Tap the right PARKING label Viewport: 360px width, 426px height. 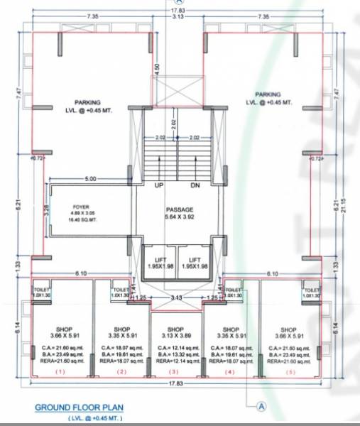(x=268, y=97)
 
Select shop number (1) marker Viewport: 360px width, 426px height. (x=60, y=372)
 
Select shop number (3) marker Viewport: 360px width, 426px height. (x=173, y=372)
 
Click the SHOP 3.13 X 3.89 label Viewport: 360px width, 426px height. (x=173, y=333)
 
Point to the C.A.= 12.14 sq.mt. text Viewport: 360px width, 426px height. (x=173, y=349)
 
